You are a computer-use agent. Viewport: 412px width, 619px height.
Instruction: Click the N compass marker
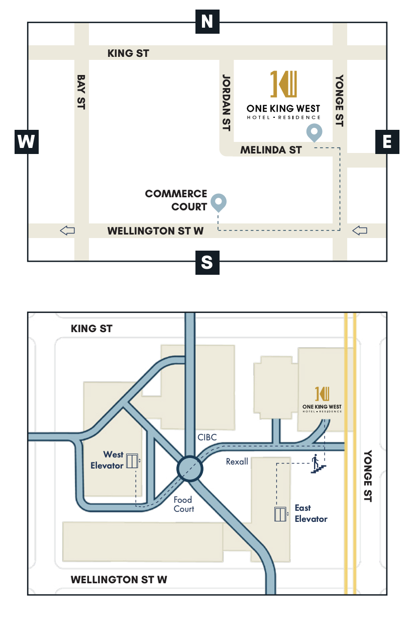click(x=207, y=22)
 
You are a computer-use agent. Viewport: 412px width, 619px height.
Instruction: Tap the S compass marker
click(x=207, y=262)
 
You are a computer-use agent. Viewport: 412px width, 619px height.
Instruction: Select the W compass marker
click(x=26, y=141)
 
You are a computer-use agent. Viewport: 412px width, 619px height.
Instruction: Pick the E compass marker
click(x=387, y=141)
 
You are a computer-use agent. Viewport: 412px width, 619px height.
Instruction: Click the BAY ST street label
click(x=81, y=92)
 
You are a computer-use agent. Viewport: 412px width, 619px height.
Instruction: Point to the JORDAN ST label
click(x=226, y=103)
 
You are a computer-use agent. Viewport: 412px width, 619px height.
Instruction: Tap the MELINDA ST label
click(x=271, y=150)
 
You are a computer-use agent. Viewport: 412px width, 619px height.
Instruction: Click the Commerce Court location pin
click(x=219, y=202)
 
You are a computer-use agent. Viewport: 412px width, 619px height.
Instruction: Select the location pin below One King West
click(x=315, y=132)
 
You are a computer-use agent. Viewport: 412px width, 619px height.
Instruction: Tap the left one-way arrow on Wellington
click(x=67, y=230)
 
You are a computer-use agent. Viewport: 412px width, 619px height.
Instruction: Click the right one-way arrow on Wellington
click(x=360, y=230)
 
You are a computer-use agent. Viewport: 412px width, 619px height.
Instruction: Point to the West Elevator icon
click(x=133, y=460)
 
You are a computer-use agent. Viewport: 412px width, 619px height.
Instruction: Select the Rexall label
click(x=237, y=461)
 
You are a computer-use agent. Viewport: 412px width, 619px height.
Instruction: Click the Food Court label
click(x=183, y=504)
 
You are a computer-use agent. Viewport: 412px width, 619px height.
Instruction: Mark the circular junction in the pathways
click(x=189, y=469)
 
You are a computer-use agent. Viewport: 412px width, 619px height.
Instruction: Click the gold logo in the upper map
click(x=283, y=84)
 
